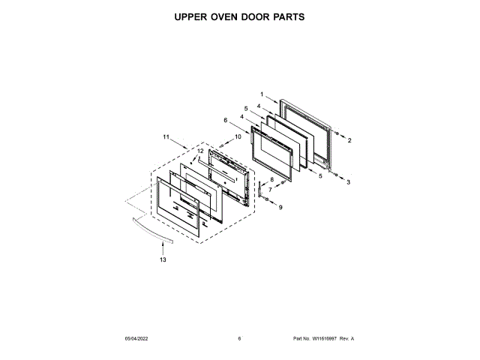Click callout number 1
(x=262, y=94)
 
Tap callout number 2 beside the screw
(x=349, y=140)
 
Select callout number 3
(x=349, y=182)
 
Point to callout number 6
(x=225, y=120)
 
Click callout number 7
(x=270, y=189)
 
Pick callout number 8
(x=272, y=179)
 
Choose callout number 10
(x=238, y=136)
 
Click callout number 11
(x=166, y=137)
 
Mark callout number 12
(x=200, y=151)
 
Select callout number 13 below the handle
(x=163, y=259)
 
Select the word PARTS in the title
(x=287, y=16)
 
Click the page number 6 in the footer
(x=239, y=339)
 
